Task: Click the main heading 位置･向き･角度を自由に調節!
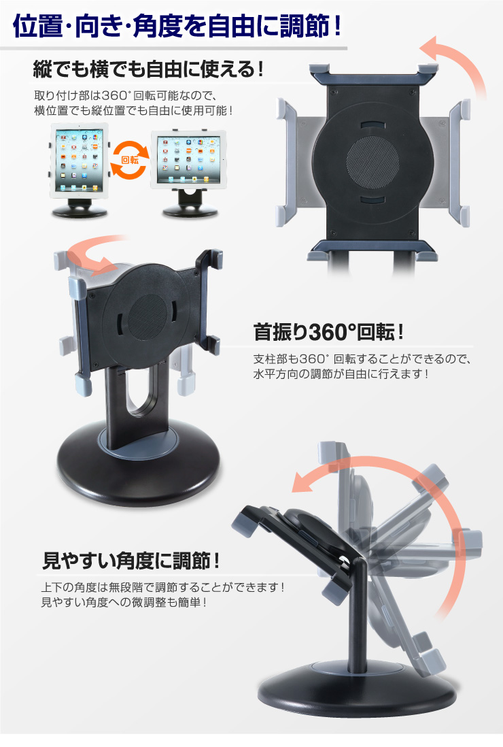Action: coord(177,26)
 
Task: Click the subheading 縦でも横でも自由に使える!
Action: coord(148,69)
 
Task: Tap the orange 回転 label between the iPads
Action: coord(130,160)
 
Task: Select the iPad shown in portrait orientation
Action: coord(79,160)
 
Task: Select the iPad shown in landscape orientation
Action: coord(188,158)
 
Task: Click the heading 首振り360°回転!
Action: coord(328,331)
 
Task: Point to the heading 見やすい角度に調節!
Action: coord(131,561)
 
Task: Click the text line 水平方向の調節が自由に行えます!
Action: coord(341,374)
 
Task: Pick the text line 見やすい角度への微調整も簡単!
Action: coord(124,602)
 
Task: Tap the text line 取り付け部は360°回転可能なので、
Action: coord(126,95)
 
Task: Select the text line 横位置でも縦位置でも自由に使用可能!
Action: coord(133,110)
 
